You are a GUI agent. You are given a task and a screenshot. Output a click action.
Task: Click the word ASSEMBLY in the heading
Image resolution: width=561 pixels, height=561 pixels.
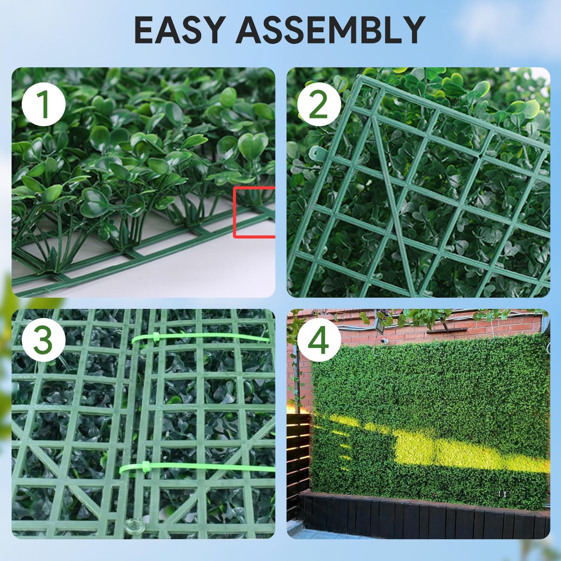(330, 30)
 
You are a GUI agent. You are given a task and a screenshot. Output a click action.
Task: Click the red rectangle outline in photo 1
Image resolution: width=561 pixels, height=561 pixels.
(254, 212)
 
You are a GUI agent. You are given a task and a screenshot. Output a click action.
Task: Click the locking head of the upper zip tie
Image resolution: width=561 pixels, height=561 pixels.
(156, 336)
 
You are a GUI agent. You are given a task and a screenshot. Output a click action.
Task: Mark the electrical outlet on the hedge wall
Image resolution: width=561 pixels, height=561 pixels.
(504, 494)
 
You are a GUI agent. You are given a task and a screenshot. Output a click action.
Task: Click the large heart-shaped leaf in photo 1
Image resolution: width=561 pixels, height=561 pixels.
(252, 146)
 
